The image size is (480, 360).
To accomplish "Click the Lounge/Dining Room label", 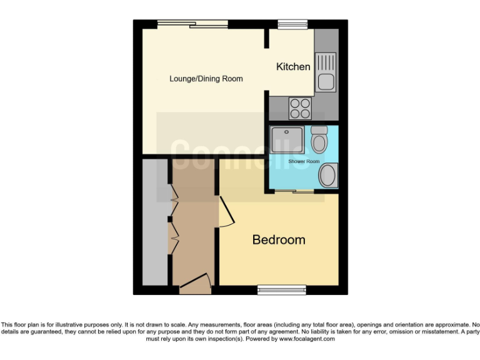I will click(206, 79).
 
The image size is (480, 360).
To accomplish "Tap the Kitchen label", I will click(293, 66).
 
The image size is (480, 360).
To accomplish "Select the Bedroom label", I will click(279, 239).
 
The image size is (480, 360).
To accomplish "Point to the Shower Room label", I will click(304, 162).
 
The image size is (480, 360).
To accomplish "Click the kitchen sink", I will click(326, 71).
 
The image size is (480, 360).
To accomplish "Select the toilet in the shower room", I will click(319, 139).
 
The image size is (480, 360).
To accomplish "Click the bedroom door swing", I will click(226, 212).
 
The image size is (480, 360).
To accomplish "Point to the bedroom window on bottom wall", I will click(282, 289).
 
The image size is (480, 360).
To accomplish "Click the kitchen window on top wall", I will click(289, 24).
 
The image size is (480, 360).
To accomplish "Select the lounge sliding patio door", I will click(191, 24).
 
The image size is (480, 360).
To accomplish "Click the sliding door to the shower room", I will click(294, 191).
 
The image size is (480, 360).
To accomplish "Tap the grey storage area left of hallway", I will click(153, 222).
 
